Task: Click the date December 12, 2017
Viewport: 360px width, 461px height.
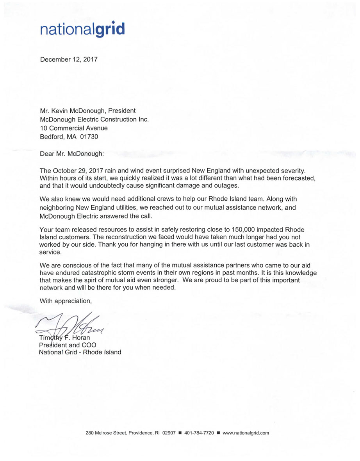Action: click(x=69, y=60)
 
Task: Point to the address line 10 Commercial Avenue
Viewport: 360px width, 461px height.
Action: click(x=74, y=128)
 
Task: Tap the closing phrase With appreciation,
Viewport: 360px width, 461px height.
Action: click(x=66, y=301)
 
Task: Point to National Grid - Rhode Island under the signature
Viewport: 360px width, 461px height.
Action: click(x=80, y=352)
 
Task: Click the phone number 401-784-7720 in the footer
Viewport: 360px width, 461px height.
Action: click(x=199, y=433)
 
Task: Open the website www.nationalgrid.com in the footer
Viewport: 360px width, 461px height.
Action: click(x=246, y=433)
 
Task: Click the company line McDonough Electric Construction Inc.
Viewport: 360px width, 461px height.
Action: click(x=94, y=119)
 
